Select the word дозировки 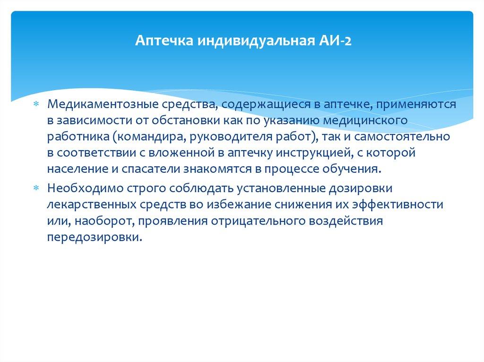[379, 189]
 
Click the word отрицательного [245, 221]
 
